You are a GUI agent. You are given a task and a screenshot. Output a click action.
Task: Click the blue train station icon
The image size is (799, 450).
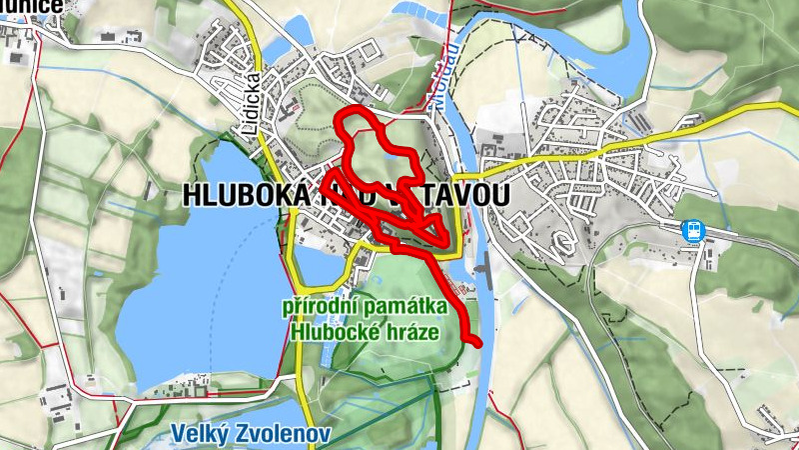pyautogui.click(x=692, y=230)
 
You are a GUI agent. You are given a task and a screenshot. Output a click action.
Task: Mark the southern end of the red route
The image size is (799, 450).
pyautogui.click(x=478, y=343)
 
